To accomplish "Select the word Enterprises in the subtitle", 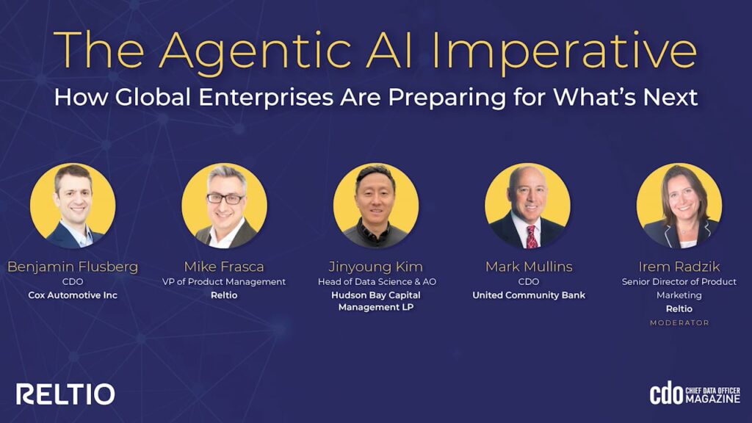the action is [266, 97].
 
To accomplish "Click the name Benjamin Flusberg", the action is [73, 267].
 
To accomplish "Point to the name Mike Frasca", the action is [224, 267].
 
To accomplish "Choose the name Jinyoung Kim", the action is [375, 267].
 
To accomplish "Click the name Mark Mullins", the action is [529, 267].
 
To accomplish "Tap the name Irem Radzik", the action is [679, 267].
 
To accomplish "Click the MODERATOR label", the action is [679, 323].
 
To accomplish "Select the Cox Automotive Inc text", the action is [73, 295].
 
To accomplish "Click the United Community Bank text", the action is [529, 295].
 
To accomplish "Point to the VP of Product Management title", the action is [224, 281].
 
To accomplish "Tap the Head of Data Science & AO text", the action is [377, 281].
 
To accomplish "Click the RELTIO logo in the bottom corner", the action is [65, 394].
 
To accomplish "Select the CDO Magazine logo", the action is [695, 394].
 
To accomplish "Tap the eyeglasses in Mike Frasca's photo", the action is [225, 198].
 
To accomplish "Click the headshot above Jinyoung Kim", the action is [375, 206].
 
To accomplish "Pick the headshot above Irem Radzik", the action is [679, 206].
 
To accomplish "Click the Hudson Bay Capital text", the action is [375, 295].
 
